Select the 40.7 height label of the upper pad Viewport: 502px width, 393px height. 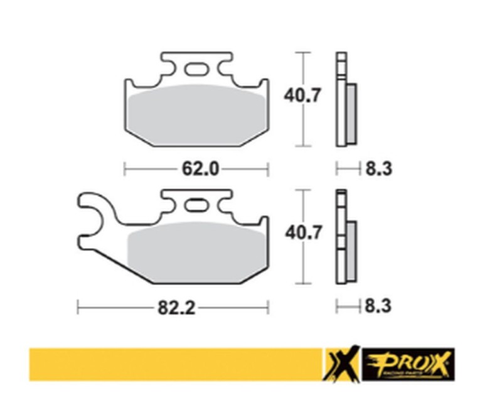304,97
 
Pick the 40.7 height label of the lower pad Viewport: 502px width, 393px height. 304,234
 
